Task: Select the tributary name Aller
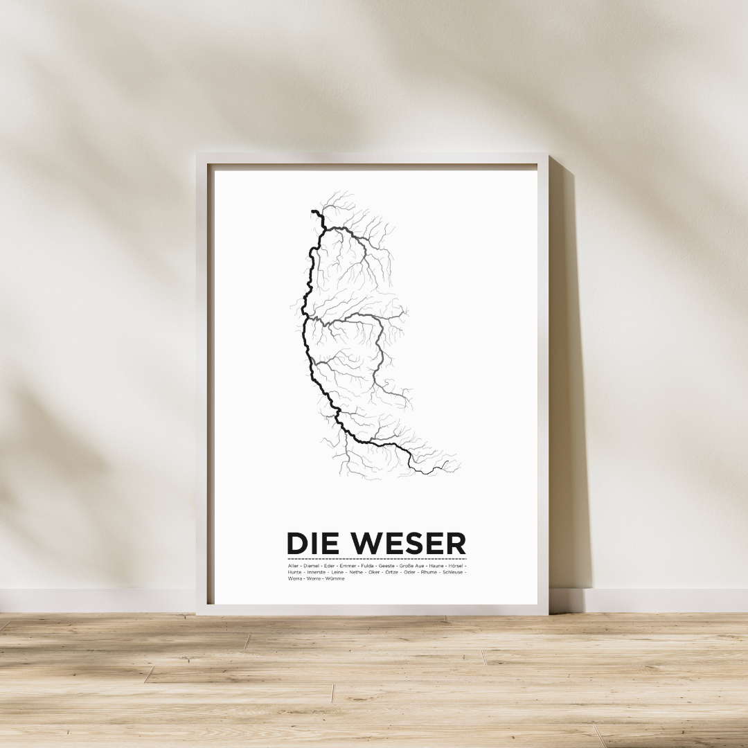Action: click(293, 566)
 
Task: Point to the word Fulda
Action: click(367, 566)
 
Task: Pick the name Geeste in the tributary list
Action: click(386, 566)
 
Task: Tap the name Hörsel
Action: click(456, 566)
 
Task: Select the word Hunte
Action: click(294, 572)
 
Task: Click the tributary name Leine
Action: click(337, 572)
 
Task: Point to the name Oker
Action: click(374, 572)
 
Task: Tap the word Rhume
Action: click(429, 572)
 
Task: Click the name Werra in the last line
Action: click(295, 578)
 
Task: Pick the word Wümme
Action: click(335, 578)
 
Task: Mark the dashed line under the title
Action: click(377, 558)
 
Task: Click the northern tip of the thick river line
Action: click(313, 211)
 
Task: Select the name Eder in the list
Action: click(329, 566)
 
